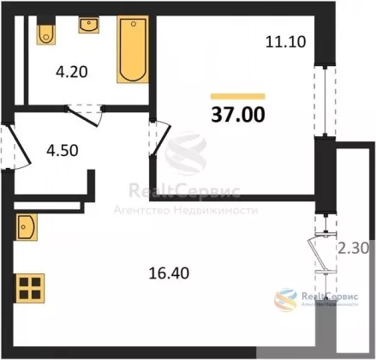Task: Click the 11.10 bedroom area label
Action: point(285,42)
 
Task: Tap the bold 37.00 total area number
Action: point(238,115)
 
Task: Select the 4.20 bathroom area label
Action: point(72,72)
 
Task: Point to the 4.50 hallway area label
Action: point(63,150)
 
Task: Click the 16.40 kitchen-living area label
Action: point(169,273)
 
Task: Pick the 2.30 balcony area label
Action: point(354,248)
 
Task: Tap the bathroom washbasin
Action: point(89,25)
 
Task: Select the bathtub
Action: point(133,49)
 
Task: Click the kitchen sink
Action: point(27,227)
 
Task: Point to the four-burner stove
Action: point(30,288)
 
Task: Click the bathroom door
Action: point(85,116)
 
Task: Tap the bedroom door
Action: point(160,138)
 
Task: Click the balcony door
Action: point(323,251)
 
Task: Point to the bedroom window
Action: point(325,101)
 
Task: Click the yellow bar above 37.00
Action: point(238,96)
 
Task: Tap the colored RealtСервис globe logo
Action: point(286,300)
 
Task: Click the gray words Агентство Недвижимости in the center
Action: point(186,211)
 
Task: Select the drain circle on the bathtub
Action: point(134,24)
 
